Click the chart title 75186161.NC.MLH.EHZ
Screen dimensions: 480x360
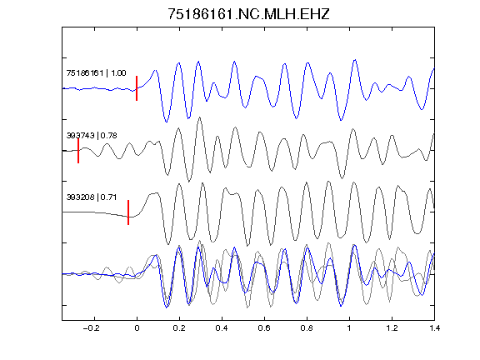pos(248,14)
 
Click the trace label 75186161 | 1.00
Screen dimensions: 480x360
pos(96,72)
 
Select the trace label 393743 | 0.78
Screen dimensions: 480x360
pos(92,135)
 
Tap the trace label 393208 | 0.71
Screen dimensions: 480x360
pos(92,197)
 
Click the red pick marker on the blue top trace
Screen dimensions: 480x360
pos(137,88)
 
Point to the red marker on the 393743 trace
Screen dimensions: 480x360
pos(78,151)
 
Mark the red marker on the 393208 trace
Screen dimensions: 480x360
pos(128,212)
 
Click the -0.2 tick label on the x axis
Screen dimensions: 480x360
pos(91,328)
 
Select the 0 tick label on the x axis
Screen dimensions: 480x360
pos(137,328)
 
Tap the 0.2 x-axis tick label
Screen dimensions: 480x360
pos(179,328)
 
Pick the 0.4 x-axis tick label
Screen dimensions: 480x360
pos(222,328)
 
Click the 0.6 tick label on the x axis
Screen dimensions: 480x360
pos(264,328)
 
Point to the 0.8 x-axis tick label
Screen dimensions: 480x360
pos(307,328)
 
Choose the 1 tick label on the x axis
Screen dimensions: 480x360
pos(349,328)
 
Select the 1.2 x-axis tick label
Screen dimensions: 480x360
pos(392,328)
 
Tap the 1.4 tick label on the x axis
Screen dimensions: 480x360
pos(434,328)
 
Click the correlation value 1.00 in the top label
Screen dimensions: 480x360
pos(118,72)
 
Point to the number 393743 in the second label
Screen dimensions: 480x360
pos(80,135)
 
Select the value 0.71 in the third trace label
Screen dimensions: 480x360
pos(108,197)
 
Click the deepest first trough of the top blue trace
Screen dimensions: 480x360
pos(166,122)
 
